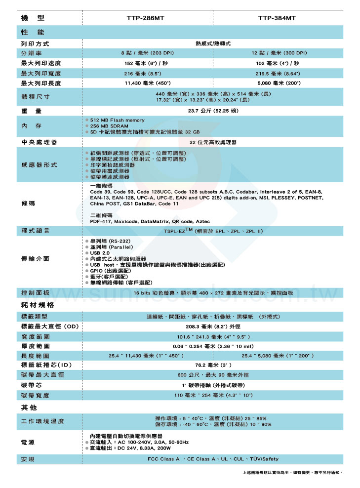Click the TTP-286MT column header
coord(147,18)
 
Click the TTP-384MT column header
coord(277,18)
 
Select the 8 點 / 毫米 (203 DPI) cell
coord(147,53)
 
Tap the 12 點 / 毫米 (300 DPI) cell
coord(279,53)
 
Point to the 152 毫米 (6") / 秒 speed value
coord(147,63)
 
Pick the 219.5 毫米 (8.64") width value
coord(279,73)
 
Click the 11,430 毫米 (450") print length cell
coord(147,83)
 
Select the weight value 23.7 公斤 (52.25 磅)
coord(213,111)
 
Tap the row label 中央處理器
coord(39,142)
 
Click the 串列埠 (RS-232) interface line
coord(109,241)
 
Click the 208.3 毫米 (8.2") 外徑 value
coord(213,326)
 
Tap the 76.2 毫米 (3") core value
coord(213,365)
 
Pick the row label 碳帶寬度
coord(42,396)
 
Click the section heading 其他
coord(29,408)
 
